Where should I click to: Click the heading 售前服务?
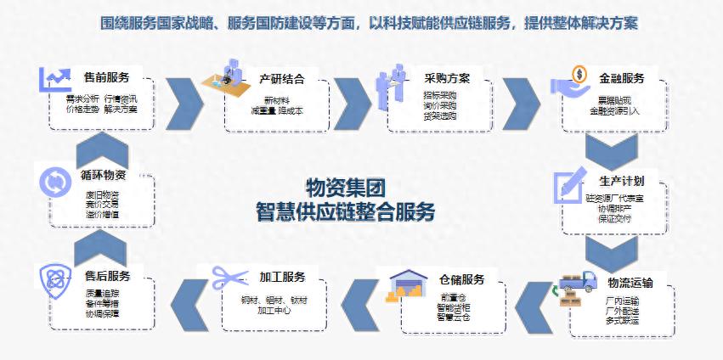[107, 77]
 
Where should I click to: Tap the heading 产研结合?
[281, 79]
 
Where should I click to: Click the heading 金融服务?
[621, 78]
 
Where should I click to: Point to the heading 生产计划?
[621, 181]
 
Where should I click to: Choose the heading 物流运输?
[630, 282]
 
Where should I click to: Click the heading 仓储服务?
[461, 279]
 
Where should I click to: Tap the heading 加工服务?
[282, 277]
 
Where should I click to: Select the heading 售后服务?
[107, 277]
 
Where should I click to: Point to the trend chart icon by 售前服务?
[54, 79]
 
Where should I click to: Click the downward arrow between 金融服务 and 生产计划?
[611, 153]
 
